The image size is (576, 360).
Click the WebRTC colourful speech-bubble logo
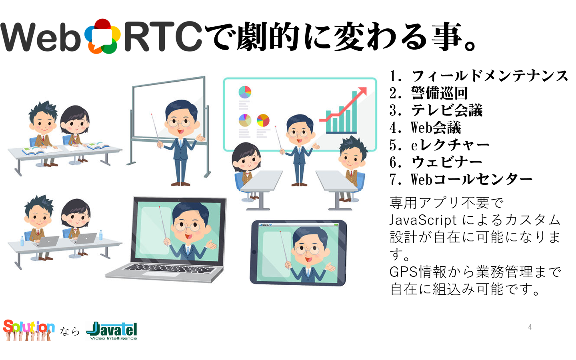102,36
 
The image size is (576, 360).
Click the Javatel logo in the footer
112,331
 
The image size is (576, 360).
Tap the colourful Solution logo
28,330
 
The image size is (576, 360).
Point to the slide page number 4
530,327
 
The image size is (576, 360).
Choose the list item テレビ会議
447,110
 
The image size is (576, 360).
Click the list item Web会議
436,128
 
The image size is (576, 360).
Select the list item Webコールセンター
471,180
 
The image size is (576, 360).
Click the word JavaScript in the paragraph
423,220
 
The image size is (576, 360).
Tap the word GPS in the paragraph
404,272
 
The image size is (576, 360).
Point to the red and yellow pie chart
263,120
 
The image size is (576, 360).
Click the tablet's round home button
254,252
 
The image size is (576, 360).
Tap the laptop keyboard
169,268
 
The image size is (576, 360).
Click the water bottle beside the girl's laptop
100,235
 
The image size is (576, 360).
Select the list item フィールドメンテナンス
490,76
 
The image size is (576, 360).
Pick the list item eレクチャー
450,145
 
